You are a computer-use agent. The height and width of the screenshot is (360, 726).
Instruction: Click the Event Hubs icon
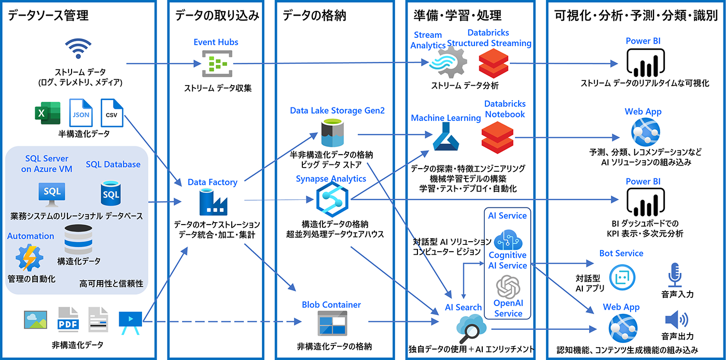click(x=215, y=64)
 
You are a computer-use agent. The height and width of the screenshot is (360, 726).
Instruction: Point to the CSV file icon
click(x=111, y=113)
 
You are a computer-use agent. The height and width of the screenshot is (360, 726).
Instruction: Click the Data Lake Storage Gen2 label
click(x=330, y=110)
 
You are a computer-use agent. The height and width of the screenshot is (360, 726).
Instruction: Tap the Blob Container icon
click(x=332, y=325)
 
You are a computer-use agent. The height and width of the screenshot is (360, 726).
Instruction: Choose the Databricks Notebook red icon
click(x=497, y=137)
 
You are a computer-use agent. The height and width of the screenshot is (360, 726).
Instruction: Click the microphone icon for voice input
click(x=675, y=274)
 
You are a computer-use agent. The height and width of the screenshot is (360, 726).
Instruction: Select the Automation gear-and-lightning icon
click(x=31, y=258)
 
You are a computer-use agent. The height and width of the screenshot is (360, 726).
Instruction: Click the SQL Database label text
click(x=113, y=164)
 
